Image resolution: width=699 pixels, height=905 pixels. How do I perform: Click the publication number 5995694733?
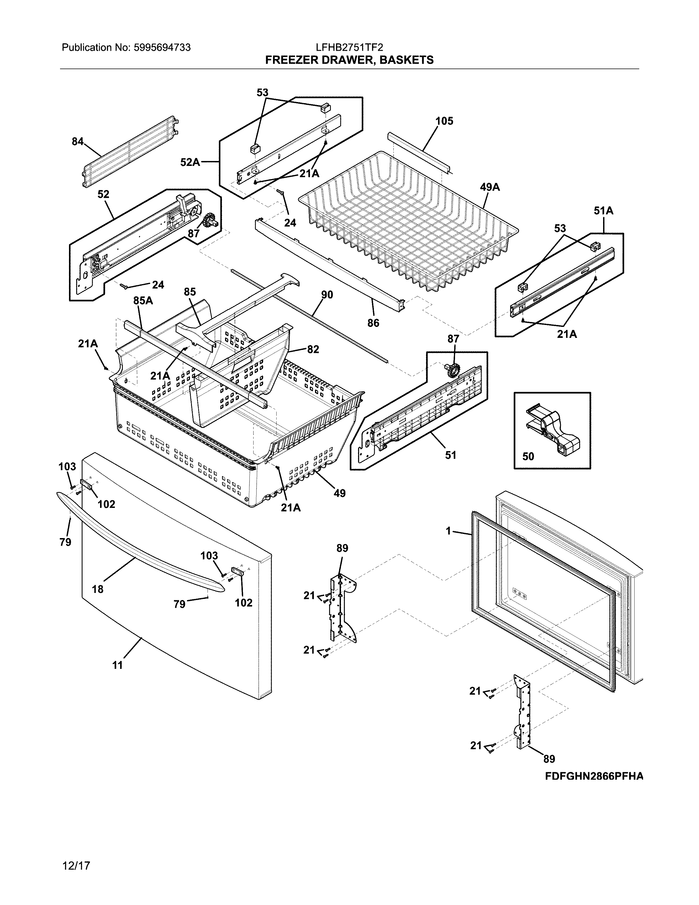(162, 48)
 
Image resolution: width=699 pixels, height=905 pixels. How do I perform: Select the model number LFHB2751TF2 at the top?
(349, 48)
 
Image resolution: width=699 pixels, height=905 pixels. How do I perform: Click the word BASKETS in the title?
(406, 60)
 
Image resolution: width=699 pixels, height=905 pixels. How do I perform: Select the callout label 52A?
(190, 162)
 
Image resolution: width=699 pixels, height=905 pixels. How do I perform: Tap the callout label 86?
(373, 323)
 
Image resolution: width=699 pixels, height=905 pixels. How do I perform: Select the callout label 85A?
(143, 300)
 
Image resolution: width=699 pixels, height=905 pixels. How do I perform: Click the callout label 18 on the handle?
(98, 589)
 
